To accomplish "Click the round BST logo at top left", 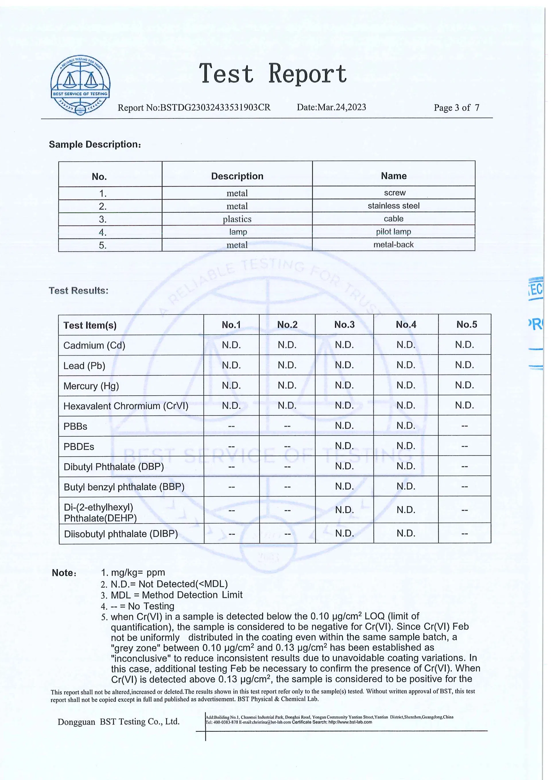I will click(80, 85).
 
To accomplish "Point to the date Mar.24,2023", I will click(331, 107).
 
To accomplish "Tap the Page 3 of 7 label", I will click(456, 108).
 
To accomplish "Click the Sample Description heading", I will click(95, 145).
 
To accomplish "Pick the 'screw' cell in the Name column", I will click(395, 192).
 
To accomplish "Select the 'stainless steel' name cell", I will click(393, 206).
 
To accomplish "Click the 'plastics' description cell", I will click(237, 219).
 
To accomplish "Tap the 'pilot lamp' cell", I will click(393, 232).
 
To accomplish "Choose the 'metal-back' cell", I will click(393, 244).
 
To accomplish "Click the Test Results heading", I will click(78, 291).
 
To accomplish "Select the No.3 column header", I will click(344, 325).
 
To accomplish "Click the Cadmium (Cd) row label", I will click(94, 346).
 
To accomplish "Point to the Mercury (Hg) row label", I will click(91, 386).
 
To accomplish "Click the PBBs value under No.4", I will click(406, 426).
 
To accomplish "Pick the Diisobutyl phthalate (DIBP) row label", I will click(121, 534).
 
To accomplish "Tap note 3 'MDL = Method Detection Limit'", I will click(176, 595).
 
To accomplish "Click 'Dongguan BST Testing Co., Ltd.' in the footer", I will click(119, 722).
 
